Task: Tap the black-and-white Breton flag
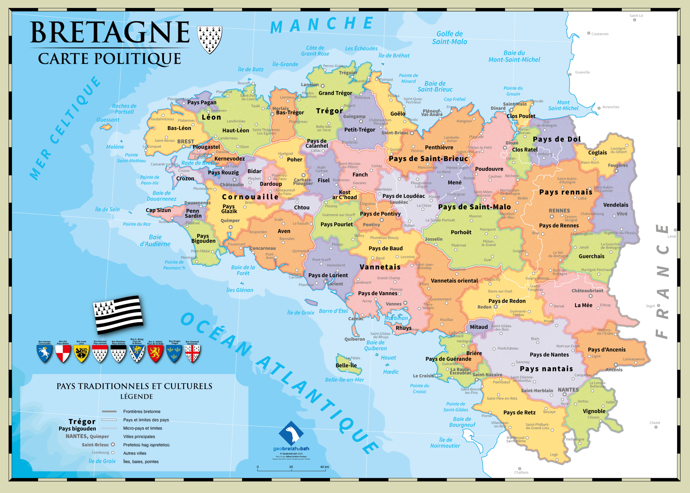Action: (118, 315)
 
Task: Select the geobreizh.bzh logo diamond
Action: (291, 433)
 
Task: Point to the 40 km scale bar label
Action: (324, 467)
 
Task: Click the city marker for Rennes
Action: (552, 216)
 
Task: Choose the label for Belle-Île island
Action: (346, 365)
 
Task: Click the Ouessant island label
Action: (108, 120)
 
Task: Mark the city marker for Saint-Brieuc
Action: (412, 133)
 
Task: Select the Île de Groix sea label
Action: (301, 313)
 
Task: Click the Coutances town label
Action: (599, 34)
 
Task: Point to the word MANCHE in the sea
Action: (322, 24)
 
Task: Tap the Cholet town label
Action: (654, 423)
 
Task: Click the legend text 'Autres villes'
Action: (134, 453)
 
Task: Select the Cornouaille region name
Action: (250, 197)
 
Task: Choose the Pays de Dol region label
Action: (557, 139)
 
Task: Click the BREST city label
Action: (185, 142)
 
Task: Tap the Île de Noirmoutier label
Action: (445, 443)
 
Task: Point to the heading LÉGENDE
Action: (136, 397)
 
